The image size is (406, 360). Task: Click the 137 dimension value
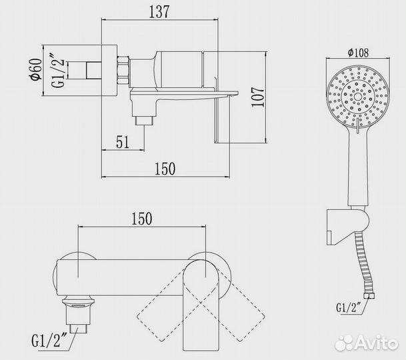point(159,11)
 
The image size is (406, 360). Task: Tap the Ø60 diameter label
point(36,69)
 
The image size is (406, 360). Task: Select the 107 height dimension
point(258,97)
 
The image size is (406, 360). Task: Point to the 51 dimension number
point(123,142)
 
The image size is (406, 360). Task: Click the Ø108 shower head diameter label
point(358,53)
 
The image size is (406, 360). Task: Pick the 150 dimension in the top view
point(165,169)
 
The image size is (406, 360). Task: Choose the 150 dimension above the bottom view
point(142,219)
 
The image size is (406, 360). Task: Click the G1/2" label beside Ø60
point(57,71)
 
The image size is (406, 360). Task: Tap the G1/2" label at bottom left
point(46,341)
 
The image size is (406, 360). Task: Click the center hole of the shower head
point(358,97)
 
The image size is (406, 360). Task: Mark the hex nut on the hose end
point(369,296)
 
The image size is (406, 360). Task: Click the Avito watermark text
point(375,343)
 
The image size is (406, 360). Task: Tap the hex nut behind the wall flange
point(123,71)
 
